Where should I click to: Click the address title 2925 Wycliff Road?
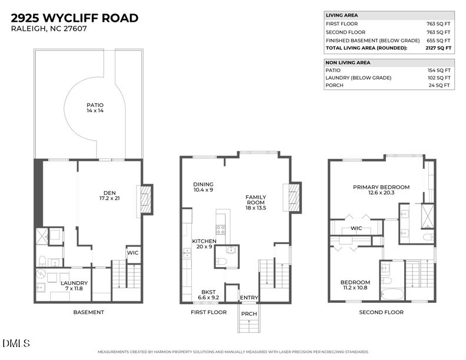75,18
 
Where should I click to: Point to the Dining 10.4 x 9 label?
204,187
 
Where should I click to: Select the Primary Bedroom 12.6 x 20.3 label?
381,191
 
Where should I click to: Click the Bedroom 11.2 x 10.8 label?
355,285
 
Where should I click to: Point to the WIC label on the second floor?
356,228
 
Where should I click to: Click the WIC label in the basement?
133,254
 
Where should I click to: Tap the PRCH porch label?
249,314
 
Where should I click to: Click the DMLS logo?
16,343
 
